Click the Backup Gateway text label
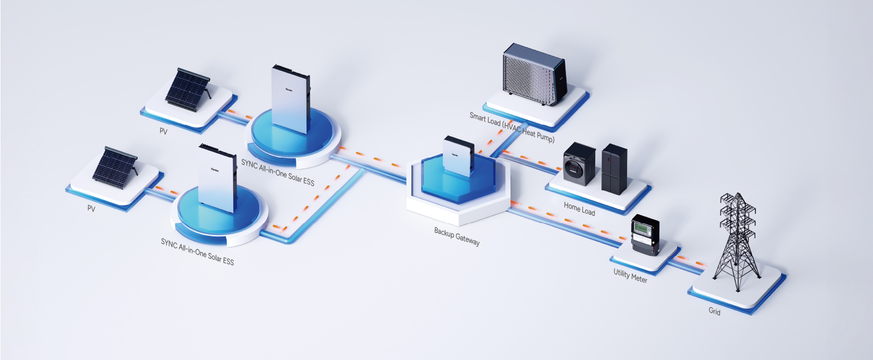pos(456,236)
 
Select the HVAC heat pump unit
pos(534,74)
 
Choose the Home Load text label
pos(579,209)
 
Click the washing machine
pos(579,164)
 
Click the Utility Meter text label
pos(630,276)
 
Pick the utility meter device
pos(645,235)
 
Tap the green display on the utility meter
pos(641,228)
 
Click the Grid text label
pos(714,311)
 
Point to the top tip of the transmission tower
pos(738,193)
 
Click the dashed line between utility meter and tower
pos(690,261)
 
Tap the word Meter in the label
pos(639,278)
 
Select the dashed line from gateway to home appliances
pos(530,159)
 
